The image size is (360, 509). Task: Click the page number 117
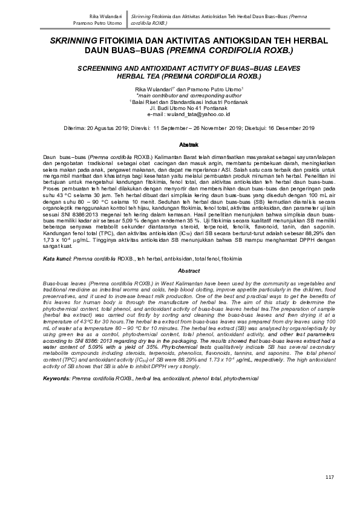(x=329, y=478)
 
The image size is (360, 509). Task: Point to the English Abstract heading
(x=181, y=271)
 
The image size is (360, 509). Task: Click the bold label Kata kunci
(x=56, y=258)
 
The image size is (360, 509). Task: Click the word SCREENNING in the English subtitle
(x=107, y=70)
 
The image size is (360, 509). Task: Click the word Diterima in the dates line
(x=75, y=129)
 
